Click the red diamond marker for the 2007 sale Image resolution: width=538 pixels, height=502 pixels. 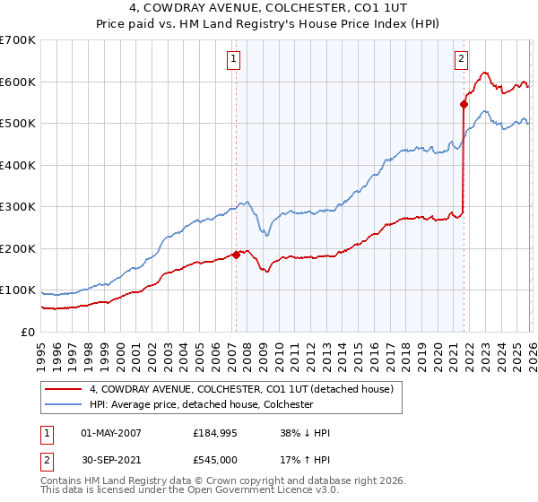point(236,255)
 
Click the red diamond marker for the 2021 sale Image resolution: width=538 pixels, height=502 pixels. point(464,104)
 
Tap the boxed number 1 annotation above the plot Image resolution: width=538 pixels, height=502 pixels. point(233,60)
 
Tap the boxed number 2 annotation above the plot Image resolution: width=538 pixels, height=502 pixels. point(461,60)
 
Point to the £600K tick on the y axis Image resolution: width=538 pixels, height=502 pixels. point(18,82)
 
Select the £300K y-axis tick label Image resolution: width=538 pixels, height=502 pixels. point(18,207)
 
